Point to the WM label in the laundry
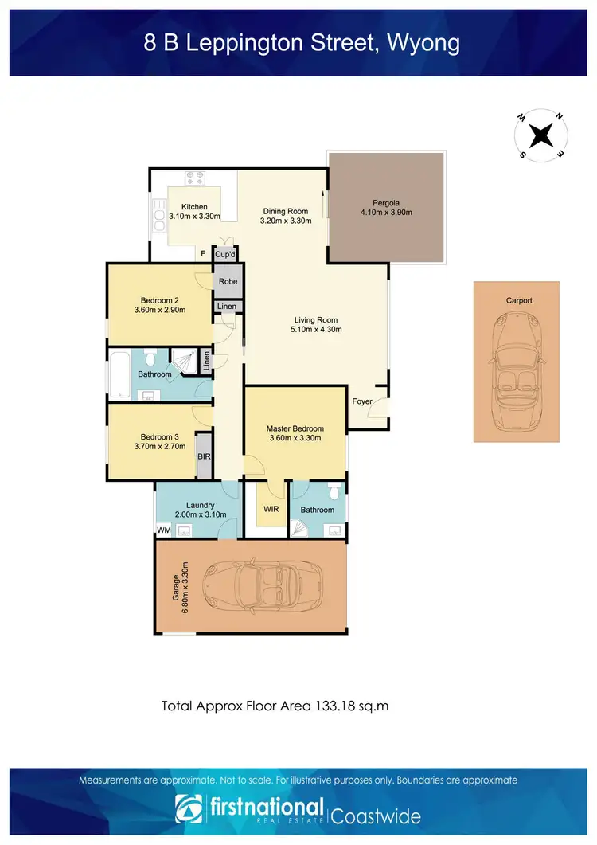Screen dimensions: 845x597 pos(164,530)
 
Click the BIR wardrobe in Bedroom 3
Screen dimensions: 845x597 pos(205,456)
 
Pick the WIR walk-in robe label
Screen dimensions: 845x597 pos(271,510)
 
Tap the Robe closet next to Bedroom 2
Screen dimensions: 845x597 pos(228,281)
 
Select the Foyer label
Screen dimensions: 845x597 pos(362,401)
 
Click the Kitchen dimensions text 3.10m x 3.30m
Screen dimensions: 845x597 pos(194,217)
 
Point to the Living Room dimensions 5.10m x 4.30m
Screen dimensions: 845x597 pos(316,328)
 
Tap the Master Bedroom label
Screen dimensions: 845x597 pos(295,428)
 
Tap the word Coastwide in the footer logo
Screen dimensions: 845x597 pos(376,816)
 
